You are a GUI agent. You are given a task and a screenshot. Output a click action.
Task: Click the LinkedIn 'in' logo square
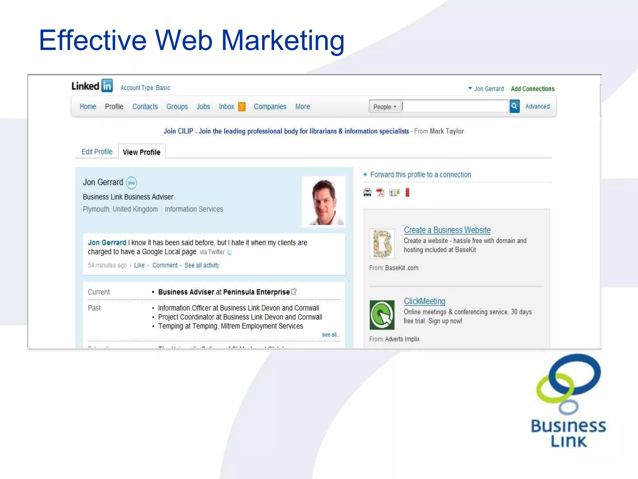pos(107,86)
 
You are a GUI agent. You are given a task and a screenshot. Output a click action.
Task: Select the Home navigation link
pos(88,107)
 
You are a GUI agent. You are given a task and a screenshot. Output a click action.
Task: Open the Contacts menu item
pos(145,107)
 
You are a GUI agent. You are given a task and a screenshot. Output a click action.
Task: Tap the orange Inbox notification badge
pos(241,107)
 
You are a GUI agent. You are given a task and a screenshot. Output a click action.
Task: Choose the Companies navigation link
pos(270,107)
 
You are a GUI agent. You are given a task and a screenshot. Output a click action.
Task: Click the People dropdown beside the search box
pos(385,107)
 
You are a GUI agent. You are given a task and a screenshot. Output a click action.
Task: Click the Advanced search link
pos(537,106)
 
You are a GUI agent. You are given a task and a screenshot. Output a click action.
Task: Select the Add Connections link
pos(532,89)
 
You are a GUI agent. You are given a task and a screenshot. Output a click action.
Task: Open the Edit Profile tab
pos(97,152)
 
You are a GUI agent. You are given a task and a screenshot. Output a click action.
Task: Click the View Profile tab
pos(141,152)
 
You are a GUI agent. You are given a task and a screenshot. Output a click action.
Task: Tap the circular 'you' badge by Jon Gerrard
pos(131,183)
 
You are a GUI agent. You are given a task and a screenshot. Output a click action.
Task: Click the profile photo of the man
pos(324,202)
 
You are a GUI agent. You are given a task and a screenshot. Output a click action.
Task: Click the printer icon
pos(367,192)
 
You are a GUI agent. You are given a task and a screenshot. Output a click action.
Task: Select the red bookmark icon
pos(407,192)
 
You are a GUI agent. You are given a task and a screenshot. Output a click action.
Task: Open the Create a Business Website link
pos(447,230)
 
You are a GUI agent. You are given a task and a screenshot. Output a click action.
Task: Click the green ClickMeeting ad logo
pos(382,315)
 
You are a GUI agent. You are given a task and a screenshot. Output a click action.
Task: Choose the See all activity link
pos(202,265)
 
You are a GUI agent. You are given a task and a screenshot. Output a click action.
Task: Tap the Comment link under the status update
pos(165,265)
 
